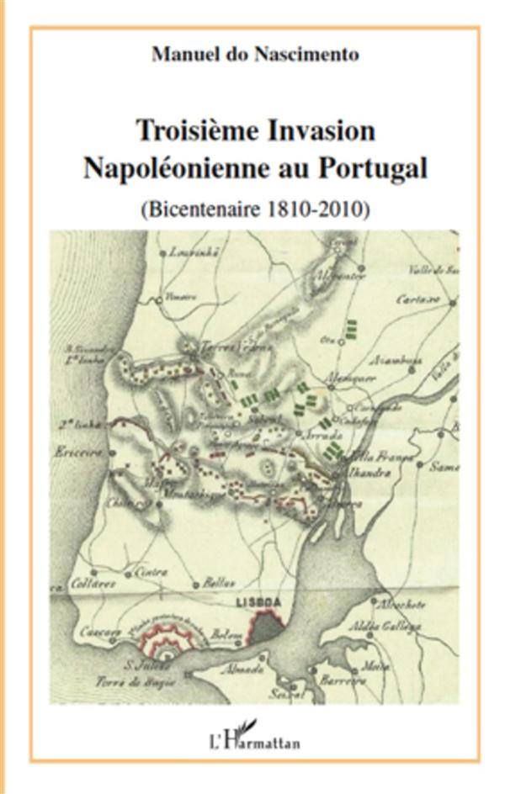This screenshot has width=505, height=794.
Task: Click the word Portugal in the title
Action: [372, 167]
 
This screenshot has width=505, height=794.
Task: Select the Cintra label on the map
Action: [151, 573]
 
